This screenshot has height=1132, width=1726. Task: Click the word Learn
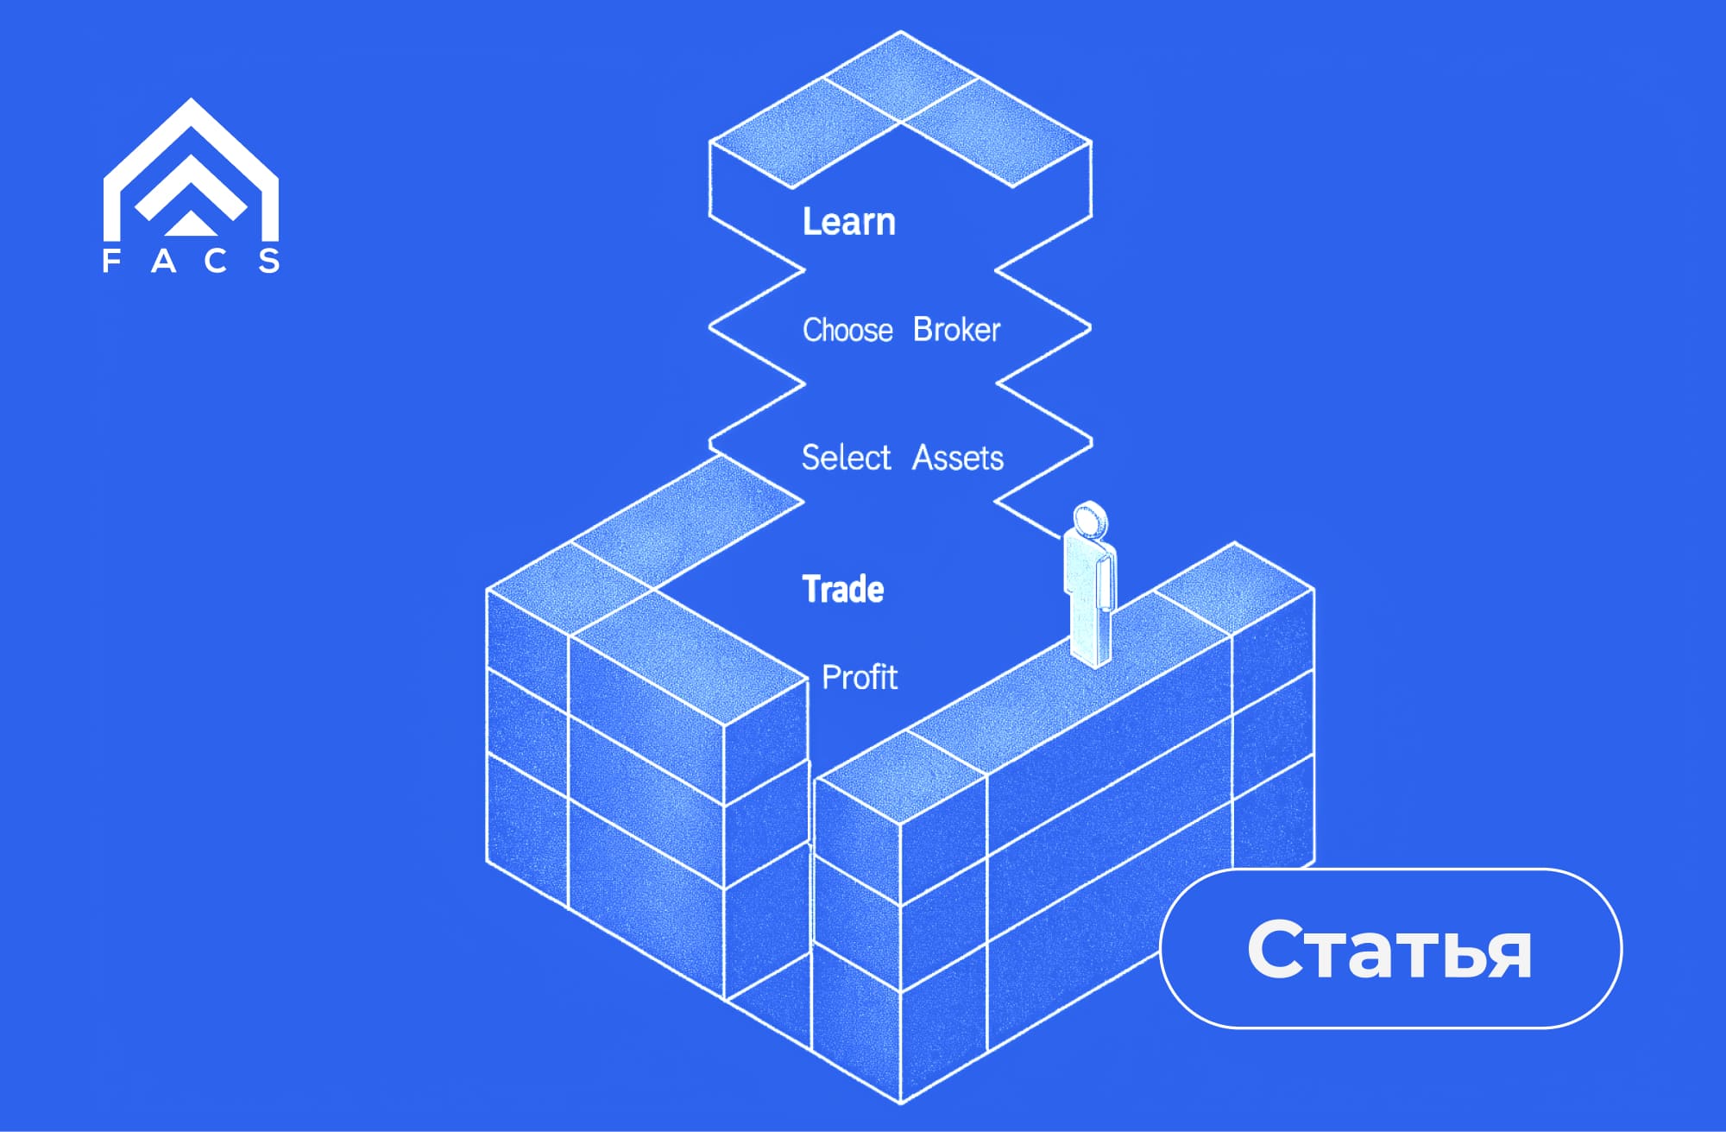pyautogui.click(x=848, y=222)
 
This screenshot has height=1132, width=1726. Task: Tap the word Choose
pyautogui.click(x=847, y=330)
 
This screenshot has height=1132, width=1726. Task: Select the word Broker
pyautogui.click(x=956, y=330)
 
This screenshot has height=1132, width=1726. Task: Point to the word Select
pyautogui.click(x=846, y=457)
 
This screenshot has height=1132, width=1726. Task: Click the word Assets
pyautogui.click(x=958, y=458)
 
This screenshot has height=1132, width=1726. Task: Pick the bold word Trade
pyautogui.click(x=843, y=590)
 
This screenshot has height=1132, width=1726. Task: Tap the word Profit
pyautogui.click(x=860, y=678)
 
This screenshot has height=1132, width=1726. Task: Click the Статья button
pyautogui.click(x=1390, y=948)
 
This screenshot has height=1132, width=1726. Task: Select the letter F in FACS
pyautogui.click(x=111, y=261)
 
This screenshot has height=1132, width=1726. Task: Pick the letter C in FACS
pyautogui.click(x=216, y=261)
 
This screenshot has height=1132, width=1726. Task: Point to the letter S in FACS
pyautogui.click(x=269, y=261)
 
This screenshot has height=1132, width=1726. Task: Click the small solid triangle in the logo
pyautogui.click(x=191, y=225)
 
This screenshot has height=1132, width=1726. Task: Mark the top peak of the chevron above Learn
pyautogui.click(x=901, y=35)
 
